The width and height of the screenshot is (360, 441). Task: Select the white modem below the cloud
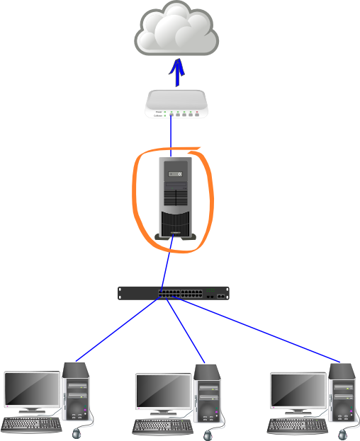[x=177, y=104]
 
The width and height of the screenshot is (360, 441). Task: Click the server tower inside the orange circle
[x=175, y=199]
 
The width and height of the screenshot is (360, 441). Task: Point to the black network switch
[x=174, y=293]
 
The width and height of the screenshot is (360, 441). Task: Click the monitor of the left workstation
[x=31, y=390]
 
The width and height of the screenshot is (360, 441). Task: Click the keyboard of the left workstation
[x=31, y=425]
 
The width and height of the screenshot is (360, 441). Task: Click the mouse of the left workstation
[x=78, y=431]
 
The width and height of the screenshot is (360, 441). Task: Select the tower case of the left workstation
[x=76, y=393]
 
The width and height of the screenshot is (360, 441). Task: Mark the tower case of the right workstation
[x=342, y=393]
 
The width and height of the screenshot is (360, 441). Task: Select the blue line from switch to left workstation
[x=117, y=329]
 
